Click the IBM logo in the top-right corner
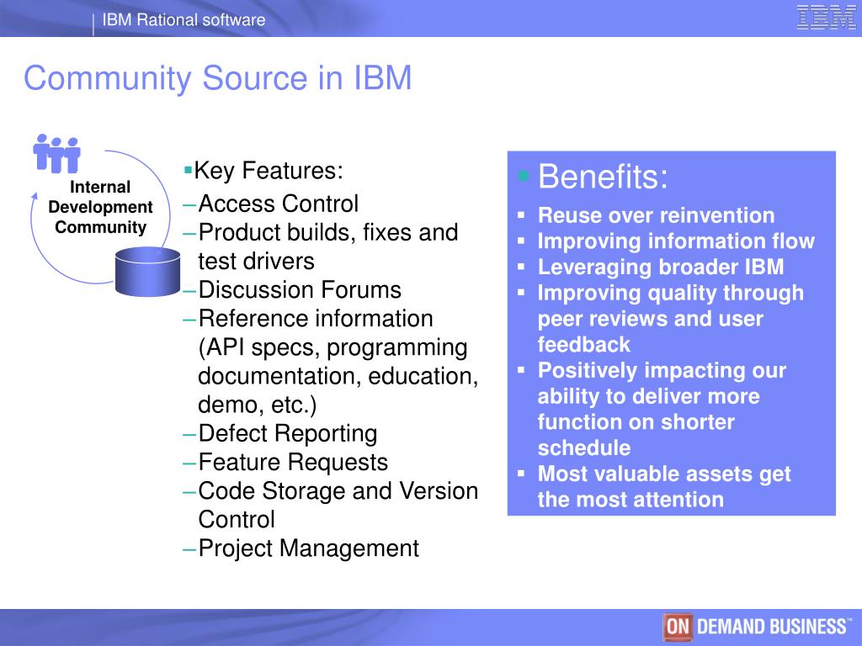pyautogui.click(x=826, y=18)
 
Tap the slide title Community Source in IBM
pyautogui.click(x=217, y=79)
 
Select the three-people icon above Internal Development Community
pyautogui.click(x=56, y=154)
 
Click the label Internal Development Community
pyautogui.click(x=100, y=207)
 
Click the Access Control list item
pyautogui.click(x=278, y=204)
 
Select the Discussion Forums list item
pyautogui.click(x=299, y=290)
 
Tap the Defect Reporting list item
pyautogui.click(x=287, y=434)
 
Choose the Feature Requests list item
pyautogui.click(x=293, y=463)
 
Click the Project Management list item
pyautogui.click(x=308, y=549)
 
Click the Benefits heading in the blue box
pyautogui.click(x=603, y=178)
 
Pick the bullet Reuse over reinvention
pyautogui.click(x=656, y=216)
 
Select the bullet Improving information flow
pyautogui.click(x=676, y=242)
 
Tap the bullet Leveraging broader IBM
pyautogui.click(x=661, y=267)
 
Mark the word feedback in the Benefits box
pyautogui.click(x=583, y=345)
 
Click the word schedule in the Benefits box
pyautogui.click(x=583, y=448)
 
